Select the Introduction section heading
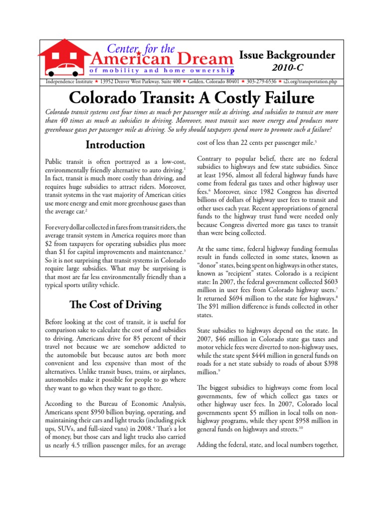(x=115, y=145)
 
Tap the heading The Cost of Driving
(x=115, y=304)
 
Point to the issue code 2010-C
(x=286, y=67)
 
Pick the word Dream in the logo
(x=205, y=59)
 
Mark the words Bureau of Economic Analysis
(x=135, y=403)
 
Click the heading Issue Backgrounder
(x=287, y=55)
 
